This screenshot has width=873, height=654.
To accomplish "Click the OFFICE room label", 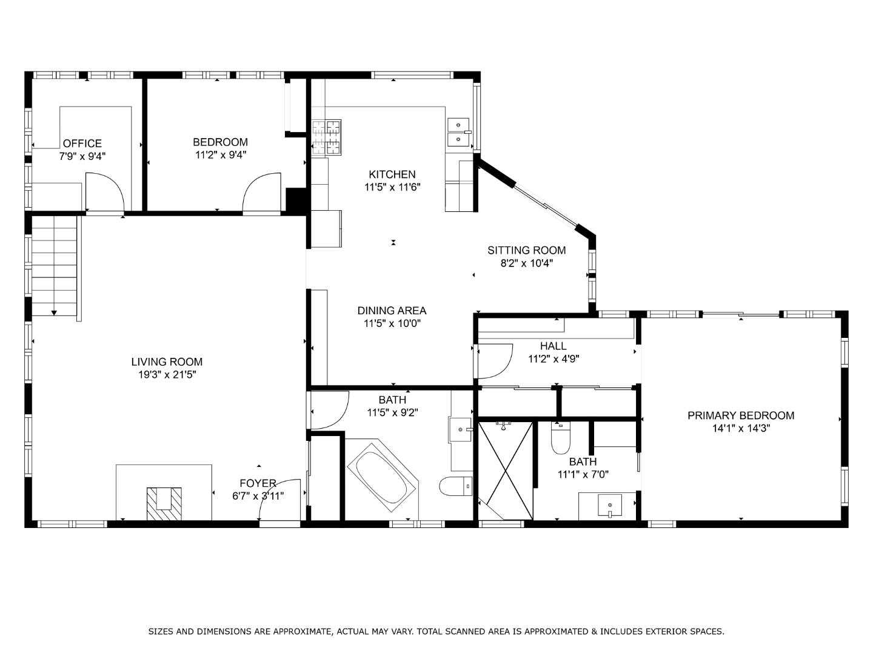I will click(x=82, y=144).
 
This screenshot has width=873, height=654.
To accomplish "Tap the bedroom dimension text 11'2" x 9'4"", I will click(x=220, y=155).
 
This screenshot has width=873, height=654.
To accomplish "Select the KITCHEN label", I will click(x=392, y=174).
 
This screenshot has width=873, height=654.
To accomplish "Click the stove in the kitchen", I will click(x=327, y=137).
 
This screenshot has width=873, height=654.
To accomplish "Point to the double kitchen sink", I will click(x=459, y=133).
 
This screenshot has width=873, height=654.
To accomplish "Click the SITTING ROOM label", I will click(x=526, y=250).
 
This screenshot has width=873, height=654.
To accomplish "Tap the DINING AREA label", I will click(x=392, y=311).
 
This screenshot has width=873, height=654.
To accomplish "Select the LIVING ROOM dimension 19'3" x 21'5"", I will click(x=167, y=375).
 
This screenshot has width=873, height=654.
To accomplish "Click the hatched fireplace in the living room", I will click(x=164, y=503).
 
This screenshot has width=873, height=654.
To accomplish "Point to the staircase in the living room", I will click(x=55, y=266).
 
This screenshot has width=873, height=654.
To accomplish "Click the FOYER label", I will click(x=258, y=483).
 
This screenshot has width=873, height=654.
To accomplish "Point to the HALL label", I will click(x=553, y=346).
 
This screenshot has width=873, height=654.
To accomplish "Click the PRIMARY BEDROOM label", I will click(x=740, y=415).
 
